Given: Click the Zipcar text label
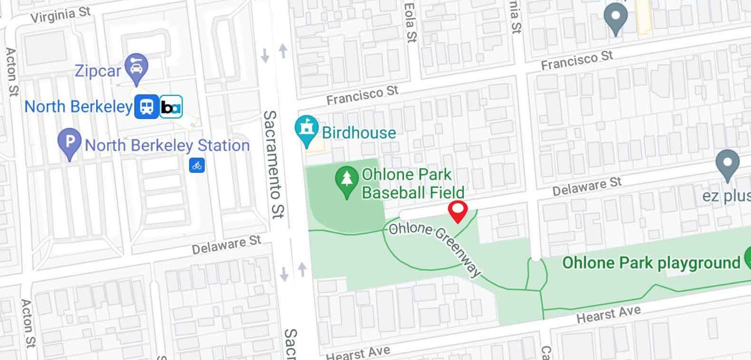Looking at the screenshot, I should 98,71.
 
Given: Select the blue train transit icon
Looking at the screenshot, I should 146,107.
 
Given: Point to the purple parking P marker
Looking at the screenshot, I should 70,143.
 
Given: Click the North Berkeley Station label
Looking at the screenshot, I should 167,145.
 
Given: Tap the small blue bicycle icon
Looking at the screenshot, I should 197,165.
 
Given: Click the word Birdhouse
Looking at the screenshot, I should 359,133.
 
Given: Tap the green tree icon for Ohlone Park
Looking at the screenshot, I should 347,180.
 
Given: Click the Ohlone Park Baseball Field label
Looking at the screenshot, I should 412,183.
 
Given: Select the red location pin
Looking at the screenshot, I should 458,210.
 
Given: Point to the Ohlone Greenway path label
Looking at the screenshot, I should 434,248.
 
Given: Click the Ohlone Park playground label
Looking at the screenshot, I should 651,263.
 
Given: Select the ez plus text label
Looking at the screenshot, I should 726,196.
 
